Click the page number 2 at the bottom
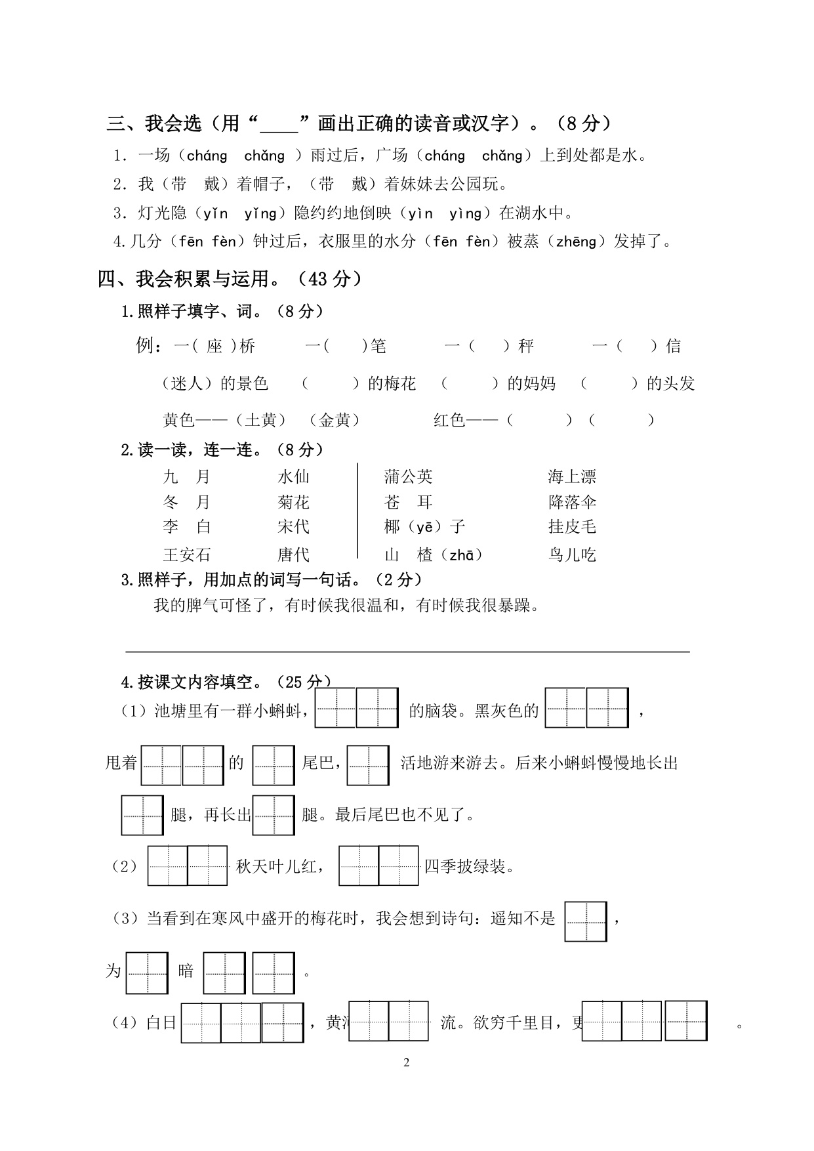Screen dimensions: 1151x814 tap(407, 1062)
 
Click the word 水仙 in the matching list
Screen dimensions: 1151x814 tap(293, 477)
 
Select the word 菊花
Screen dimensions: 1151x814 tap(293, 503)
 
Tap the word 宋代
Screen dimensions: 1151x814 tap(293, 527)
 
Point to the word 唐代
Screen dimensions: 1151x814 tap(293, 555)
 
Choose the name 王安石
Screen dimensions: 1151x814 tap(187, 555)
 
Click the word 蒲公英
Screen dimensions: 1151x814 tap(408, 477)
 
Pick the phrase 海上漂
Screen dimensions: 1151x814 tap(572, 477)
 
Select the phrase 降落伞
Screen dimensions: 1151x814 tap(572, 503)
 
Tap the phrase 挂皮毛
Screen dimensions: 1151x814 tap(572, 527)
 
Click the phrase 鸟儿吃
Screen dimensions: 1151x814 tap(572, 555)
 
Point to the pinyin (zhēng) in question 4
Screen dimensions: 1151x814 tap(575, 242)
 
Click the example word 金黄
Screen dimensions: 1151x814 tap(335, 421)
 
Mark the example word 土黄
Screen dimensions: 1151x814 tap(260, 421)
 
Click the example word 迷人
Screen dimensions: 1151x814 tap(188, 384)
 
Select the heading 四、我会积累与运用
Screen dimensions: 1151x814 tap(230, 280)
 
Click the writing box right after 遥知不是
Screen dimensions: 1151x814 tap(586, 921)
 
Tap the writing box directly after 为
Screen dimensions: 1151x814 tap(147, 973)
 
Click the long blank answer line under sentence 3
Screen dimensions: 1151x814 tap(407, 651)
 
